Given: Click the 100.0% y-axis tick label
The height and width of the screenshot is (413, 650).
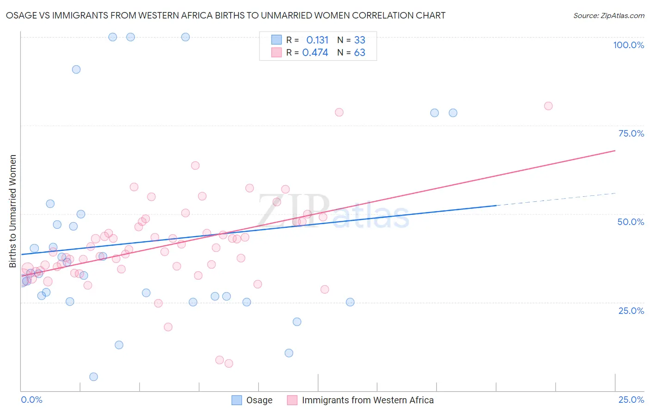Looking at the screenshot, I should [x=628, y=45].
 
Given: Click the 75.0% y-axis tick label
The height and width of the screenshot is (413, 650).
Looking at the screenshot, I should [x=631, y=133].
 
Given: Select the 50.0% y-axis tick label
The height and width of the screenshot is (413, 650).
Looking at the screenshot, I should [x=631, y=222].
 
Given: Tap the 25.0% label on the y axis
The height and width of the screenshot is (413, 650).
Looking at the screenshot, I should [x=631, y=311].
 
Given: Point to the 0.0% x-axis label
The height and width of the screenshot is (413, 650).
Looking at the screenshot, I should [x=31, y=400].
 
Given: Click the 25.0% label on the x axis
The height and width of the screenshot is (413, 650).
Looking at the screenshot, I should [x=631, y=400].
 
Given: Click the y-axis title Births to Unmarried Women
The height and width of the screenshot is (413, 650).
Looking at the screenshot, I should [x=12, y=211].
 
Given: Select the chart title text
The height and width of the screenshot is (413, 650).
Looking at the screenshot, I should [x=226, y=15].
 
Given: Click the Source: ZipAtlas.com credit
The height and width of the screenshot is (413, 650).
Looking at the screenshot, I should [x=608, y=15].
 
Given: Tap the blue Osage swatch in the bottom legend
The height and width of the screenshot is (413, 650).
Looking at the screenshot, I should [x=237, y=400].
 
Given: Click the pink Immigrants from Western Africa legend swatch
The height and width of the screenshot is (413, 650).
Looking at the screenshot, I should [x=292, y=400].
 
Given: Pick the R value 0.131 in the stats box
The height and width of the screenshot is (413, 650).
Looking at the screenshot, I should [x=317, y=40].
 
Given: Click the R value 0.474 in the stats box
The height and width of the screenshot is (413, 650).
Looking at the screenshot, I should [x=315, y=52].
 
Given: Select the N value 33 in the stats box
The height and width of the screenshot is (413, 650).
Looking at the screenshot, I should [x=360, y=40].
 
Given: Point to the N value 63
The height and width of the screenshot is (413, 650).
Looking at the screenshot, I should [x=360, y=52].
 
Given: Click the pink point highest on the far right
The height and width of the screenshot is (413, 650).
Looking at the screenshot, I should [x=548, y=106].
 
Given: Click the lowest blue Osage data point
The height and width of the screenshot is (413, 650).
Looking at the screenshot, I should [x=93, y=377].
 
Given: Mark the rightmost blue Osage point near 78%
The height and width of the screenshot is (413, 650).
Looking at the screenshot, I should [x=453, y=113].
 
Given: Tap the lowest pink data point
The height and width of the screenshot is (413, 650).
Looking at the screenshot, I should [x=228, y=363].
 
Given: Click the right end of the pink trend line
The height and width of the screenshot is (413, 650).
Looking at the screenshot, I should [x=615, y=150].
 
